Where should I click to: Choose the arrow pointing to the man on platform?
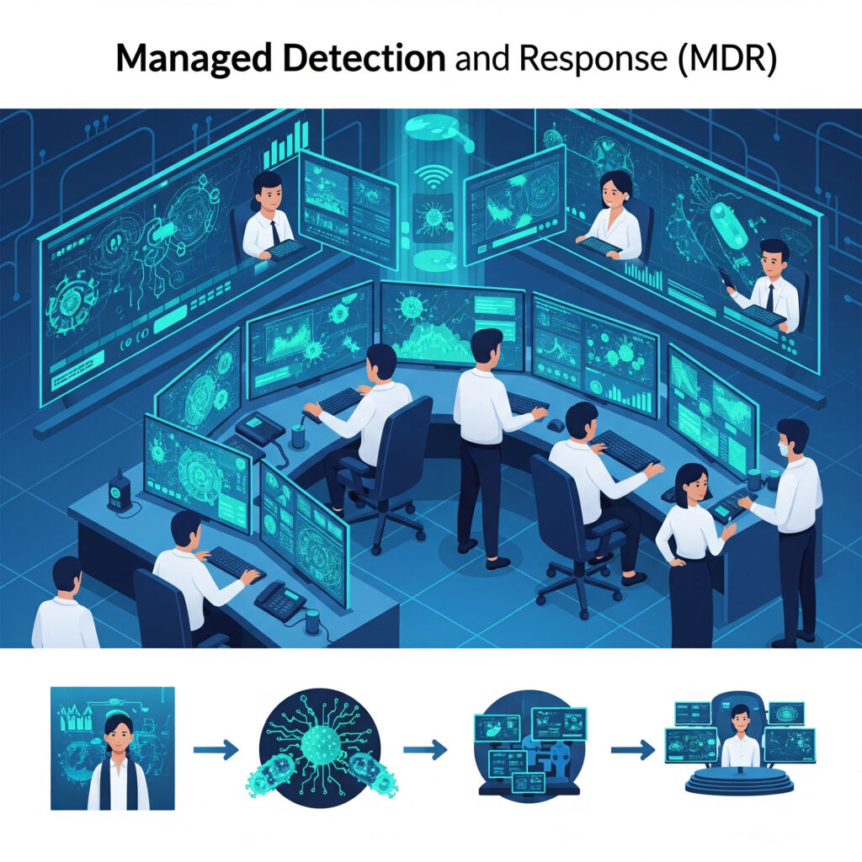[632, 748]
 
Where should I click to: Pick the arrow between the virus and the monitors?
[425, 748]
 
